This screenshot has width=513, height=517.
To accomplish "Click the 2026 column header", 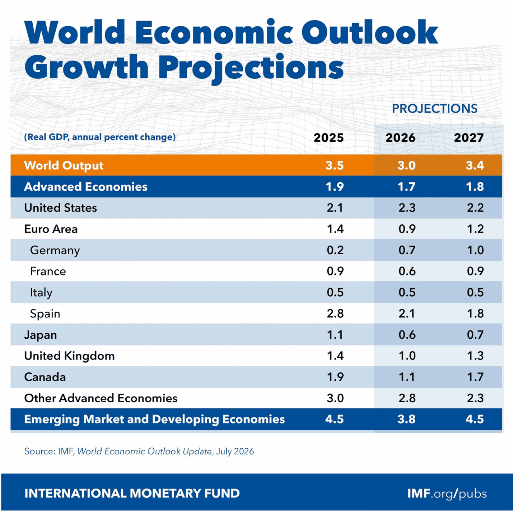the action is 400,138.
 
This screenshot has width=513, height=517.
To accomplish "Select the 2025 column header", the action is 328,138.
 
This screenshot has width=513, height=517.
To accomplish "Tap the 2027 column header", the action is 469,138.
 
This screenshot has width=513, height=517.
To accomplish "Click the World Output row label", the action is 64,165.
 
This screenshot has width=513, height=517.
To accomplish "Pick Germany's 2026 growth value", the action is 407,250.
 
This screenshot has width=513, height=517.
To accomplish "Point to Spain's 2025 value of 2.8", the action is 335,314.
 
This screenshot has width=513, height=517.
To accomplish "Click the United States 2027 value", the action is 475,208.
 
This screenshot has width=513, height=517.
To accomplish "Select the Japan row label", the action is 41,335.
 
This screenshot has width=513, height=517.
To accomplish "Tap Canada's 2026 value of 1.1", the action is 407,377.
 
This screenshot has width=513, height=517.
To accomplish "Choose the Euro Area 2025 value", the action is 335,229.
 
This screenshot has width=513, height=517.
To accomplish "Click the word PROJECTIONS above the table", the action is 434,109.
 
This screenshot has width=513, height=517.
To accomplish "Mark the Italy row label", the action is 41,292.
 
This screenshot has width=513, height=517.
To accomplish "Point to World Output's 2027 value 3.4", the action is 475,165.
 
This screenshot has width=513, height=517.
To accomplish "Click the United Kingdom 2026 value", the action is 407,356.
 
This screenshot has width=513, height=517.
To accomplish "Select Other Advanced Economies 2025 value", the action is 335,398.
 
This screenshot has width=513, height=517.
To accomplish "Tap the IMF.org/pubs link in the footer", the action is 447,494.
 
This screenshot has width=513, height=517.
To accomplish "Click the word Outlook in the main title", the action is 370,32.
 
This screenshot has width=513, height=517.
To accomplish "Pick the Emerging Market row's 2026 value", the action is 406,419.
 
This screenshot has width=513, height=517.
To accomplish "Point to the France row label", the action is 48,271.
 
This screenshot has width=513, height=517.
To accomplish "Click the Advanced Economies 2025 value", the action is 335,187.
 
